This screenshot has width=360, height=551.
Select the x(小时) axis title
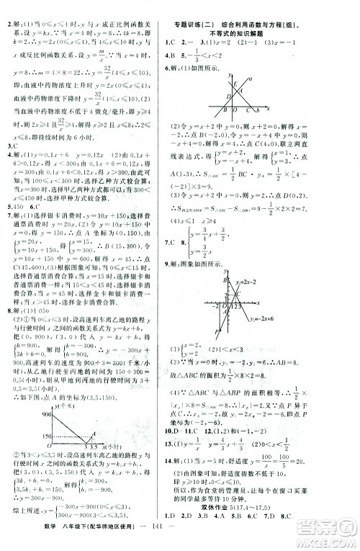pyautogui.click(x=109, y=468)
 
